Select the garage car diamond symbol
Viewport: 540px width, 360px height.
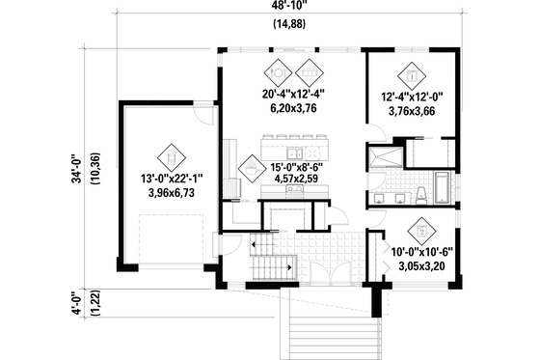point(170,154)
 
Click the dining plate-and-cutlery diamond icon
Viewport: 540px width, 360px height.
point(278,70)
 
